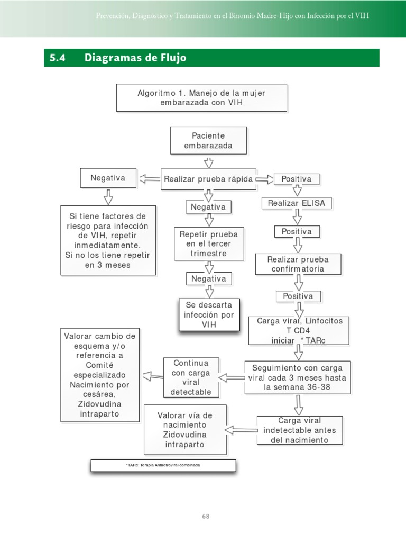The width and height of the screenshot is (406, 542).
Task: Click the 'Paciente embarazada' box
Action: click(x=208, y=140)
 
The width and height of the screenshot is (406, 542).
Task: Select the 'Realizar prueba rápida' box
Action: click(x=208, y=179)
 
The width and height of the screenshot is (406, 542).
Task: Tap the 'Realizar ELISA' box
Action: click(x=296, y=203)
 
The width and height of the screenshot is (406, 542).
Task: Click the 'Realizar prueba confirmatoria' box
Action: click(x=298, y=264)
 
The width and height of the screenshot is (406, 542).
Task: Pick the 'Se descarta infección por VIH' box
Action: click(x=209, y=315)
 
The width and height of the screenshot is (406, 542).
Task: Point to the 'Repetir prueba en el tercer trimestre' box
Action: click(x=209, y=244)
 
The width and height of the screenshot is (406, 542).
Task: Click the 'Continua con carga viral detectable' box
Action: click(x=191, y=377)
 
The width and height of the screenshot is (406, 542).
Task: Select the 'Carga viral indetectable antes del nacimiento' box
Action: click(x=299, y=430)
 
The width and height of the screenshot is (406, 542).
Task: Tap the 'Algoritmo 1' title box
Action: click(x=201, y=97)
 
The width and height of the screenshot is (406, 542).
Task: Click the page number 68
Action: click(x=206, y=516)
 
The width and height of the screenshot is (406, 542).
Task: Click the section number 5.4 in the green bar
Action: click(x=57, y=58)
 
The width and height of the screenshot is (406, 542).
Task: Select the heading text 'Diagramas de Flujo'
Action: click(x=135, y=58)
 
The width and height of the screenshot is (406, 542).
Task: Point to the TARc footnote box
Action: click(x=163, y=465)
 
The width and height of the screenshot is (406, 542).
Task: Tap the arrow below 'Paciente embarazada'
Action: click(x=208, y=161)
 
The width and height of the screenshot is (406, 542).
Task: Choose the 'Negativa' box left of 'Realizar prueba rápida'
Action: click(x=108, y=178)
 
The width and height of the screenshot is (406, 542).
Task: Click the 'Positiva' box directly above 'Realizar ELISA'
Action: click(x=296, y=179)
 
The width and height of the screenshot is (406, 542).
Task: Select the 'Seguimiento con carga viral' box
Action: click(x=297, y=377)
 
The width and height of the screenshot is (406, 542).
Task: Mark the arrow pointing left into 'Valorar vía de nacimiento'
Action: click(x=242, y=429)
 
